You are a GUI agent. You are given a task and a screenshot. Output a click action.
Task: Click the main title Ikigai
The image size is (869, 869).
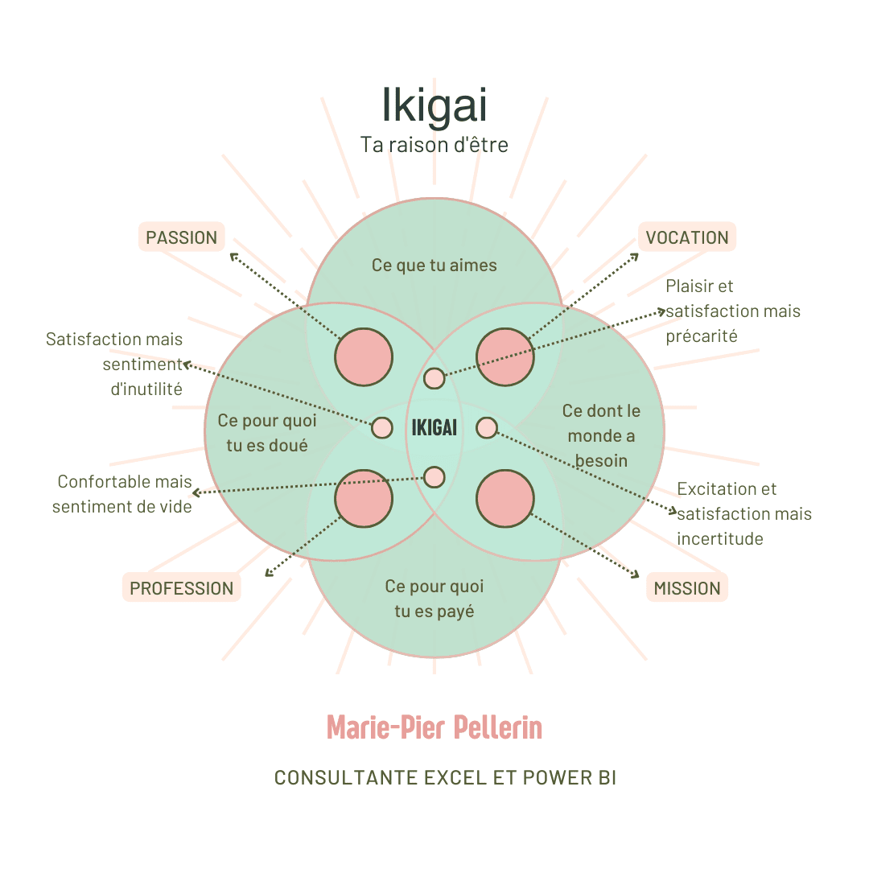tap(434, 105)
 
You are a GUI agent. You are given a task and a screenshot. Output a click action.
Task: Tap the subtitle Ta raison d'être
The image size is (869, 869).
tap(434, 144)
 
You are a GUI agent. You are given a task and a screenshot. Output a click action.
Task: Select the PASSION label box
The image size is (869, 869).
tap(182, 237)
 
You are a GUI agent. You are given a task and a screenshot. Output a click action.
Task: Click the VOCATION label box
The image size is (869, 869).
tap(687, 237)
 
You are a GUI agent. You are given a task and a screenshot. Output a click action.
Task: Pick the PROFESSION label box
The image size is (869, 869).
tap(182, 588)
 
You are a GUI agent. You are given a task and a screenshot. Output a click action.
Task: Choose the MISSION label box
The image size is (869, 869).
tap(687, 588)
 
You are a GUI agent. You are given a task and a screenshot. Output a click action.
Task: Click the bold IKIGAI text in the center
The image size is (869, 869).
tap(434, 427)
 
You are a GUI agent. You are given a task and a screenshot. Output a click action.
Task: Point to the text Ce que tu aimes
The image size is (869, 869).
tap(434, 265)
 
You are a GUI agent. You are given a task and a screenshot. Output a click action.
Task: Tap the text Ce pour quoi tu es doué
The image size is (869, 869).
tap(267, 433)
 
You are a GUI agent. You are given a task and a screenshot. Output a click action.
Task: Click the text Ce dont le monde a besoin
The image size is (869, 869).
tap(601, 435)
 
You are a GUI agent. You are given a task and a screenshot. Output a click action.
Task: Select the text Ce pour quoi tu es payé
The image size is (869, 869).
tap(434, 599)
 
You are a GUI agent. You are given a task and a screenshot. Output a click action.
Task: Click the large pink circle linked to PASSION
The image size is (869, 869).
tap(364, 357)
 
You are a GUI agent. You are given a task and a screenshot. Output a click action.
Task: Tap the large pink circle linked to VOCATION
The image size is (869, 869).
tap(505, 357)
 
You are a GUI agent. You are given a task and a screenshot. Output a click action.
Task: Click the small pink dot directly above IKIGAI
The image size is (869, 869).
tap(434, 377)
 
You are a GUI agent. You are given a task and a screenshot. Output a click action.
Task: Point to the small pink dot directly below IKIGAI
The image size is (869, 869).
tap(434, 477)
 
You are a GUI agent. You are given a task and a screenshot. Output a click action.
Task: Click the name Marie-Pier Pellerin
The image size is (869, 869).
tap(434, 727)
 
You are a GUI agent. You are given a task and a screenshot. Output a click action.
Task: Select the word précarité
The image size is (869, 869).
tap(702, 336)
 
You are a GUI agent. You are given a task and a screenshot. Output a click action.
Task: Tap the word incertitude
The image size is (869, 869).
tap(720, 539)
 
